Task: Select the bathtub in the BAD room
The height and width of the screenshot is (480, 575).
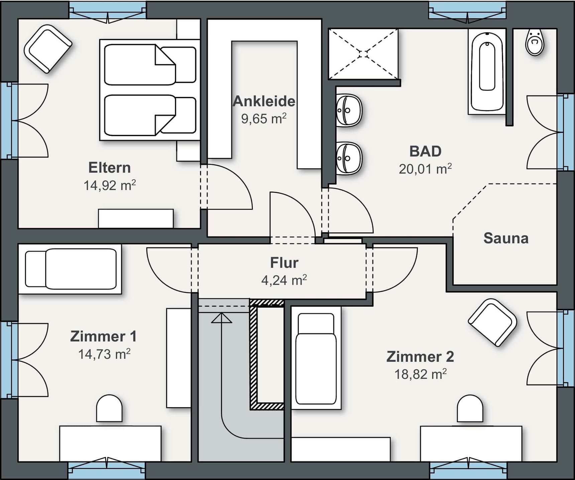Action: click(x=487, y=71)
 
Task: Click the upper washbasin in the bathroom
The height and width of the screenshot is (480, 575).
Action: click(x=349, y=110)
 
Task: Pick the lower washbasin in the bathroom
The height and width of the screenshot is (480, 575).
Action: click(x=349, y=158)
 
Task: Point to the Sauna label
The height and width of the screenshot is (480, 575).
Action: click(x=506, y=238)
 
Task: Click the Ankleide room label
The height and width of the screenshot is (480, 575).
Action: click(x=264, y=101)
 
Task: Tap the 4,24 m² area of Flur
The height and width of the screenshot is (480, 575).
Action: click(x=284, y=280)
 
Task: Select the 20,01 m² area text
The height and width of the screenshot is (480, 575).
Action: click(x=425, y=169)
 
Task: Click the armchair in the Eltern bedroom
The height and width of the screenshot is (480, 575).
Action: click(x=48, y=49)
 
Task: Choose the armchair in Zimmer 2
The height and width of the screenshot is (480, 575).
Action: click(x=492, y=322)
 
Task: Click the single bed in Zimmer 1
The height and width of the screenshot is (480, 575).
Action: click(x=71, y=269)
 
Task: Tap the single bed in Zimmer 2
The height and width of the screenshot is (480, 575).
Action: click(x=316, y=359)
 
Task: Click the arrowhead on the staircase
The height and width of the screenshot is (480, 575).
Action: click(x=221, y=318)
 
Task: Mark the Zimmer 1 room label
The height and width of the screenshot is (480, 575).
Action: click(x=103, y=336)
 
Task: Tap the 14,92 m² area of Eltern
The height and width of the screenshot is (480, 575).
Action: click(x=109, y=185)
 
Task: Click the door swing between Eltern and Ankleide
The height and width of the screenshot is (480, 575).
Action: click(x=231, y=187)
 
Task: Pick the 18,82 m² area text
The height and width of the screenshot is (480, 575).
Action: click(x=420, y=374)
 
